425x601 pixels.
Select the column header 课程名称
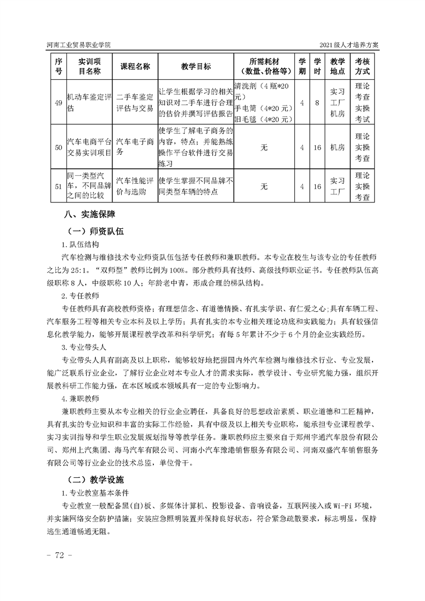pos(135,66)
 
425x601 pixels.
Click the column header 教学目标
pos(196,66)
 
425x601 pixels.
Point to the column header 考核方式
pos(362,66)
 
